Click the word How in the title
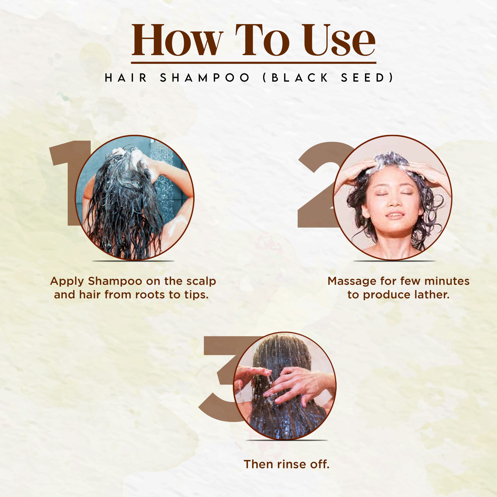[177, 40]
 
